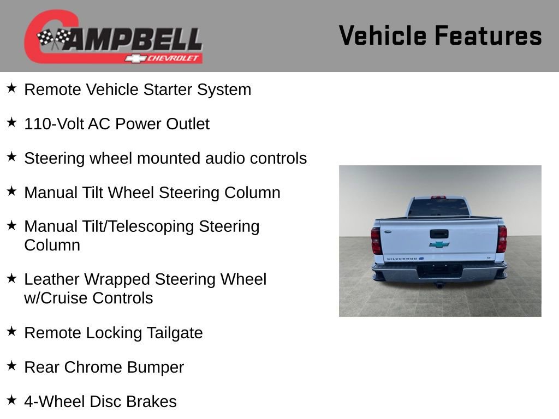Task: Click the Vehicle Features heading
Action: (440, 35)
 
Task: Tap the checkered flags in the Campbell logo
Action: (54, 39)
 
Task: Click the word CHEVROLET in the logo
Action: (174, 58)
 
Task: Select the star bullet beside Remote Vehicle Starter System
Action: (11, 88)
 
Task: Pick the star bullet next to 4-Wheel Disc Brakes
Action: (11, 400)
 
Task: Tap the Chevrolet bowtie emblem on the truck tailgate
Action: (439, 245)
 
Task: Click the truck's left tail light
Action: (376, 240)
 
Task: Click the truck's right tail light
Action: (502, 239)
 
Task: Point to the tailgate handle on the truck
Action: (439, 234)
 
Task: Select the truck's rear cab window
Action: (438, 207)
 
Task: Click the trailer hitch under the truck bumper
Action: (438, 284)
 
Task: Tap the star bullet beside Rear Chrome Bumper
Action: (11, 366)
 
